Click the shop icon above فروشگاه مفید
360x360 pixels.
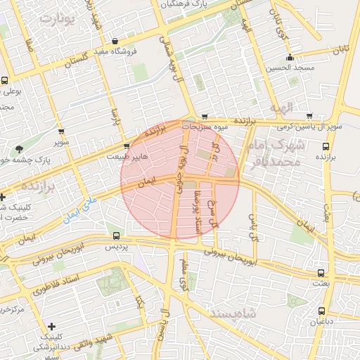pyautogui.click(x=125, y=41)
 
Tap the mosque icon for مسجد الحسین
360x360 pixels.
pyautogui.click(x=290, y=58)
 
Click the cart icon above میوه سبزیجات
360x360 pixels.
pyautogui.click(x=205, y=117)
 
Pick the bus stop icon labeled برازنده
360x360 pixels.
pyautogui.click(x=326, y=146)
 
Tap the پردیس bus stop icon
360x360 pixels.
pyautogui.click(x=116, y=236)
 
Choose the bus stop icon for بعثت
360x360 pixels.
pyautogui.click(x=321, y=273)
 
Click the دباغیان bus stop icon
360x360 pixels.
pyautogui.click(x=321, y=310)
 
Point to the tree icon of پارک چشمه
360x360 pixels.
pyautogui.click(x=20, y=148)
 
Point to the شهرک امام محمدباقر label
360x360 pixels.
pyautogui.click(x=276, y=153)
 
